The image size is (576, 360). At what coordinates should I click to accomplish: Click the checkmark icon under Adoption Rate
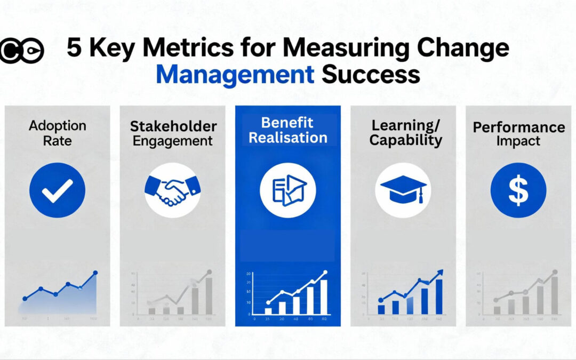57,190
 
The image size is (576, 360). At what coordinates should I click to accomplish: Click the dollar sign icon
518,190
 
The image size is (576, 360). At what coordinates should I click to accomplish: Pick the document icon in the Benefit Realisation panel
288,190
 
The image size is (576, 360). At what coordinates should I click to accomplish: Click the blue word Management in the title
235,75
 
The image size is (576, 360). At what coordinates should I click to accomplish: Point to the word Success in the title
371,75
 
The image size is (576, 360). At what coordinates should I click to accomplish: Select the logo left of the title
21,51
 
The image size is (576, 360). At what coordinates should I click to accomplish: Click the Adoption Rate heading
57,133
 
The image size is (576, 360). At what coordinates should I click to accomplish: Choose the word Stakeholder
173,126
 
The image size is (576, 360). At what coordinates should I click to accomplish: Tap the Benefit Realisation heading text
288,130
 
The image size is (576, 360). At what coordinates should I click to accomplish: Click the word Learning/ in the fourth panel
403,126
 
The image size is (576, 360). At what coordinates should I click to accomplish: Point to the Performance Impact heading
518,134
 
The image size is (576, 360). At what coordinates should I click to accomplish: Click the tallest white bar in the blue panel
323,297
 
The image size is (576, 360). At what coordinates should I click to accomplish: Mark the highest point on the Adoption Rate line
95,273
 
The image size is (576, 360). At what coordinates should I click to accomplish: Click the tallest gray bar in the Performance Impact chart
554,295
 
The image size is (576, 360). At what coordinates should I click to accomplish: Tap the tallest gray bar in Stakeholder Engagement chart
209,295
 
